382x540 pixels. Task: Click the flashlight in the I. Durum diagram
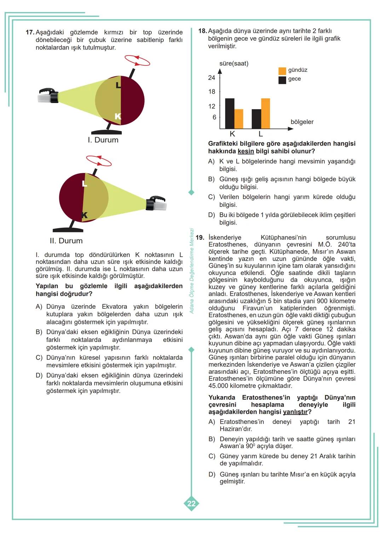pyautogui.click(x=48, y=95)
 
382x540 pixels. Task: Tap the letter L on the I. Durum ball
pyautogui.click(x=118, y=85)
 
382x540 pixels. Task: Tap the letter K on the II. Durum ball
pyautogui.click(x=84, y=215)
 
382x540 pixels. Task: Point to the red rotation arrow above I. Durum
pyautogui.click(x=137, y=60)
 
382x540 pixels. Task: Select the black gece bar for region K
pyautogui.click(x=230, y=114)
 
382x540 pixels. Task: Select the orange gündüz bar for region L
pyautogui.click(x=265, y=114)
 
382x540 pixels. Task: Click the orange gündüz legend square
pyautogui.click(x=282, y=70)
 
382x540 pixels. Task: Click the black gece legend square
pyautogui.click(x=282, y=80)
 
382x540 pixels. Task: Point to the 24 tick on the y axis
pyautogui.click(x=212, y=78)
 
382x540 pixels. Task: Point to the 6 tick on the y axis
pyautogui.click(x=214, y=117)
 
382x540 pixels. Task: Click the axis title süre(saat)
pyautogui.click(x=234, y=64)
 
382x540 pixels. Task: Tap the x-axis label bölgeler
pyautogui.click(x=302, y=122)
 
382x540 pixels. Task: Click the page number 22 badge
pyautogui.click(x=191, y=504)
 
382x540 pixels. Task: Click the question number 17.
pyautogui.click(x=30, y=32)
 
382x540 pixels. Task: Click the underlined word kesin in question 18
pyautogui.click(x=246, y=151)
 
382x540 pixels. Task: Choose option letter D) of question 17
pyautogui.click(x=39, y=375)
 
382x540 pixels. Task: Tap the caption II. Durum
pyautogui.click(x=66, y=241)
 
